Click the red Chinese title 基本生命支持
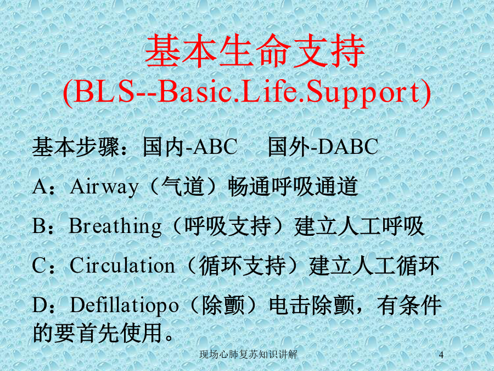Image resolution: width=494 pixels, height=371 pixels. (x=255, y=52)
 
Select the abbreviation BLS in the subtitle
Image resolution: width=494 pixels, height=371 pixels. (x=103, y=92)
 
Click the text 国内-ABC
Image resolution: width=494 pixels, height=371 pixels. (x=190, y=147)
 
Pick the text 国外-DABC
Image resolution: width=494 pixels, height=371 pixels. (x=323, y=147)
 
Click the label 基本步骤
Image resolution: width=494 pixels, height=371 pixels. (x=76, y=147)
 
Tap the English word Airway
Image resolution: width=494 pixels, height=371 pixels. (x=104, y=187)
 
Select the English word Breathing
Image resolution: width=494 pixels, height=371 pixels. (x=115, y=227)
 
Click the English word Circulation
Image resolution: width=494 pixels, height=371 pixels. (x=122, y=265)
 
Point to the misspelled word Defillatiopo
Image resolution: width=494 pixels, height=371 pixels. (x=124, y=306)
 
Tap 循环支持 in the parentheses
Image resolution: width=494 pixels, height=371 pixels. (x=242, y=265)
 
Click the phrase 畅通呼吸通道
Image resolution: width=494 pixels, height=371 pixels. (x=293, y=186)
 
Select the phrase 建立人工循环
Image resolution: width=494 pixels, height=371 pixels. (x=374, y=265)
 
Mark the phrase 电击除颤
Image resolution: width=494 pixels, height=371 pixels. (x=312, y=305)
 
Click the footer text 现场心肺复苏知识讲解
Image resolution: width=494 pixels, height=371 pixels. (x=248, y=355)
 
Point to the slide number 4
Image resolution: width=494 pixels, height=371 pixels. (x=441, y=355)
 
